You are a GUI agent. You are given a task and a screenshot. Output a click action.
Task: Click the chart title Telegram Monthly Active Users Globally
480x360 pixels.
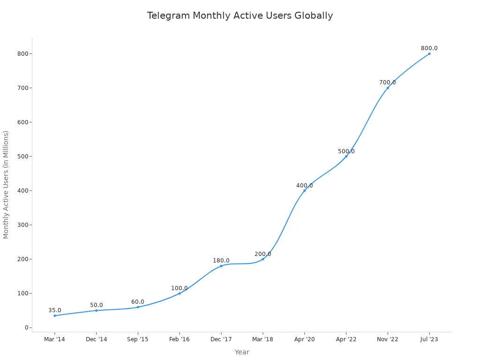click(x=240, y=16)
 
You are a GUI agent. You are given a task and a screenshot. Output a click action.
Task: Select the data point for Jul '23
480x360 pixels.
click(x=429, y=53)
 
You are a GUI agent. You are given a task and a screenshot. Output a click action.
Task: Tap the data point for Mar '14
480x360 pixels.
click(x=55, y=315)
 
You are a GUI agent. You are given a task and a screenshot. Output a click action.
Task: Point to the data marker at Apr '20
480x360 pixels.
click(x=304, y=190)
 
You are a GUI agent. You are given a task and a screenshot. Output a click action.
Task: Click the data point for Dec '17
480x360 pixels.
click(x=221, y=266)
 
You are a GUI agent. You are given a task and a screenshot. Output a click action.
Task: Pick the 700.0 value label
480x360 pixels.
click(x=387, y=82)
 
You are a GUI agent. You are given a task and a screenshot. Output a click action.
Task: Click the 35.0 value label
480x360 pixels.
click(x=55, y=310)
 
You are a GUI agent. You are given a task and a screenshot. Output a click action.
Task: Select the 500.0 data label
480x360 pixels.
click(x=346, y=151)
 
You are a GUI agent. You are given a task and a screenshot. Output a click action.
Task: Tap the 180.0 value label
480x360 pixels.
click(x=221, y=261)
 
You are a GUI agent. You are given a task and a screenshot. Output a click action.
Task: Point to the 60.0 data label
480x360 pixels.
click(x=138, y=302)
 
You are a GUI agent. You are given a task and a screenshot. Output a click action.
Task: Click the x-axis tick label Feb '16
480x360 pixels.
click(x=180, y=339)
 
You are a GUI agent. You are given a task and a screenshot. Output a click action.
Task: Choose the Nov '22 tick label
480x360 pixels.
click(x=387, y=339)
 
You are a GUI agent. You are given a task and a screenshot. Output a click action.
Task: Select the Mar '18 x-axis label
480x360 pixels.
click(x=262, y=339)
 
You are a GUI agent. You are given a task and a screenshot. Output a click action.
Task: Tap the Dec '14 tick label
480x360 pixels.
click(x=96, y=339)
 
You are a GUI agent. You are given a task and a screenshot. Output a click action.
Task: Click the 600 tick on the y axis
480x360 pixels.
click(x=22, y=122)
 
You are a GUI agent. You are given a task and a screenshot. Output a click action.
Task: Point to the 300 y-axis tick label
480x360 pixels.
click(x=22, y=225)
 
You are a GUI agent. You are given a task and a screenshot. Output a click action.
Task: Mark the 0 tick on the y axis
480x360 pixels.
click(x=27, y=328)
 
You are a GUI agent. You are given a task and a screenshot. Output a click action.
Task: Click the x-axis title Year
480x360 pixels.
click(x=242, y=352)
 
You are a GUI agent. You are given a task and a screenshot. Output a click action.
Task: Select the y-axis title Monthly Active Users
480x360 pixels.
click(x=6, y=185)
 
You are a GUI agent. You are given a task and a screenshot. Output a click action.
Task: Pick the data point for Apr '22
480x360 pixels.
click(x=346, y=156)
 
